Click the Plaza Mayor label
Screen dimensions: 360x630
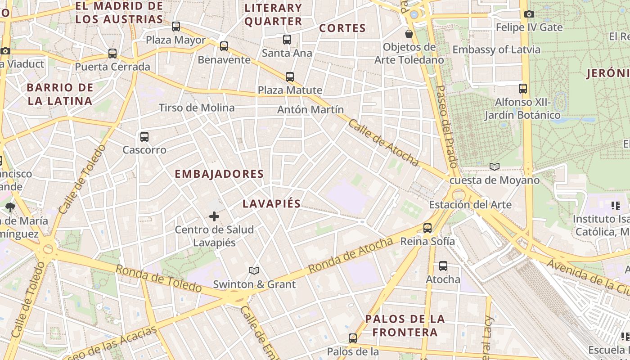pyautogui.click(x=175, y=40)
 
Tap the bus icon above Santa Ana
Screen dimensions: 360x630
pyautogui.click(x=287, y=40)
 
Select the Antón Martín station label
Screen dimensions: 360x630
pyautogui.click(x=310, y=109)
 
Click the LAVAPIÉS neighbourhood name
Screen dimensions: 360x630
pyautogui.click(x=271, y=203)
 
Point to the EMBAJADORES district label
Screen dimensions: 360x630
pyautogui.click(x=219, y=174)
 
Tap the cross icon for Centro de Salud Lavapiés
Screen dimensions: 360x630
pyautogui.click(x=214, y=217)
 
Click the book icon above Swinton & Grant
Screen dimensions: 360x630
pyautogui.click(x=254, y=270)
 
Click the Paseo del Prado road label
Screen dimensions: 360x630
pyautogui.click(x=447, y=126)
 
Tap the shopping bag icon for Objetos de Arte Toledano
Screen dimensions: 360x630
pyautogui.click(x=409, y=34)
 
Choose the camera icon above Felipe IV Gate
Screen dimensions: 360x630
pyautogui.click(x=529, y=14)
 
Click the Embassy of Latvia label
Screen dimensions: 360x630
pyautogui.click(x=496, y=49)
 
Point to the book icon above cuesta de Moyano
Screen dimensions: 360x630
pyautogui.click(x=495, y=167)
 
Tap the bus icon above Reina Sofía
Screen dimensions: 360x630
pyautogui.click(x=427, y=228)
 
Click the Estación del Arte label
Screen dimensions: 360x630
pyautogui.click(x=470, y=205)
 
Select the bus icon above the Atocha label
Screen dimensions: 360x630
pyautogui.click(x=443, y=266)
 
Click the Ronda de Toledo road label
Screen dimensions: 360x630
pyautogui.click(x=159, y=279)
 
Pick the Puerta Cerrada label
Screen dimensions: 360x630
pyautogui.click(x=112, y=67)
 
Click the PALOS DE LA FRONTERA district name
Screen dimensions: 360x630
pyautogui.click(x=405, y=326)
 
